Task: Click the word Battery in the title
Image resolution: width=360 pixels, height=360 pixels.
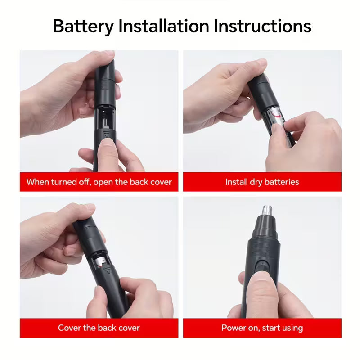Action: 83,27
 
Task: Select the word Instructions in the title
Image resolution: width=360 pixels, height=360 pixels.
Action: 262,27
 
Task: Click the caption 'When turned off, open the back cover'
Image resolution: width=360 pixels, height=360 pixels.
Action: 99,182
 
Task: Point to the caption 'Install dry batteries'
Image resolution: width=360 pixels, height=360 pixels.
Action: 262,182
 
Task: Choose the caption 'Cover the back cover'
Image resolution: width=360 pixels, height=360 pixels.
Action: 99,328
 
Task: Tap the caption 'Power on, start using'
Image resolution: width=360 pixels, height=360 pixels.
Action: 262,328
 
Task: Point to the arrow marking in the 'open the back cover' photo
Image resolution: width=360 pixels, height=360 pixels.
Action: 106,134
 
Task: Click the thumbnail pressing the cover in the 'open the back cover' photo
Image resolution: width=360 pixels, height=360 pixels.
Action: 107,145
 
